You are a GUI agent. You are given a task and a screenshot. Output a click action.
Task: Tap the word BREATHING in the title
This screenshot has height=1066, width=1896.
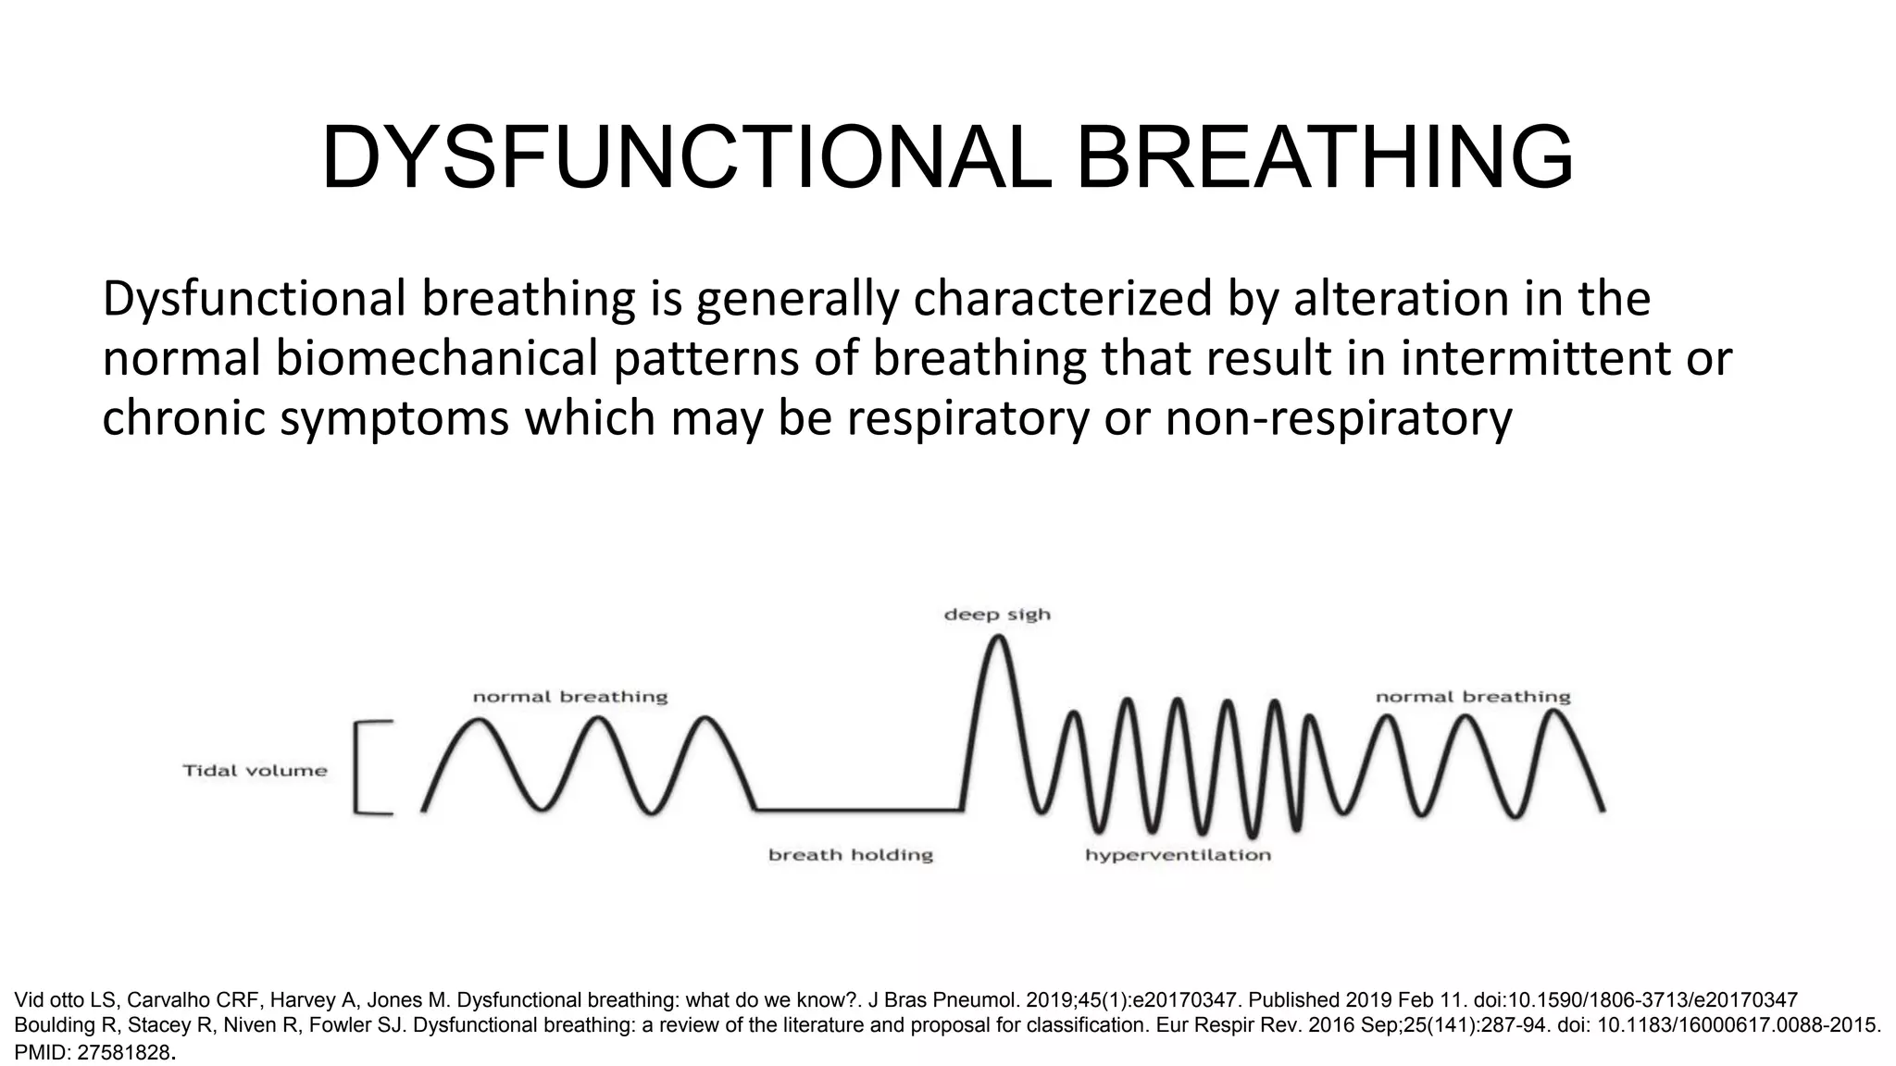[x=1324, y=159]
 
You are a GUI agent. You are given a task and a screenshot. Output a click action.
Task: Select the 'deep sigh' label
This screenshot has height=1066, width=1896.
[x=997, y=614]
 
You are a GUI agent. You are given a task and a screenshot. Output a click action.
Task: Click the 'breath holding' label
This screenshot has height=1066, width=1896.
[x=850, y=855]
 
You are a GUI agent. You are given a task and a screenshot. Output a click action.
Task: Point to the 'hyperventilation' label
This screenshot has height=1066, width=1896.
[x=1178, y=855]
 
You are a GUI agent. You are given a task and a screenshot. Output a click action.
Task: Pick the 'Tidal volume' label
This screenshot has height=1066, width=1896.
[x=255, y=771]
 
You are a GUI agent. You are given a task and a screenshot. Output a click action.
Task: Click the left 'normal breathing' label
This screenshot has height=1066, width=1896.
[x=570, y=697]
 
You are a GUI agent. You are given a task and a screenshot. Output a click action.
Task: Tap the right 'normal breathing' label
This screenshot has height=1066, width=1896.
[x=1473, y=697]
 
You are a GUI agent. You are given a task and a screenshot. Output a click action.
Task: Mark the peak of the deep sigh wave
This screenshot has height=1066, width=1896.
[x=997, y=638]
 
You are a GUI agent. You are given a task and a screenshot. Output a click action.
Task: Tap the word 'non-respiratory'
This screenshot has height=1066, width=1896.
[x=1338, y=418]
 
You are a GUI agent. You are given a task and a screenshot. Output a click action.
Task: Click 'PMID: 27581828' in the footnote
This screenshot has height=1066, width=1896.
[x=93, y=1052]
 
